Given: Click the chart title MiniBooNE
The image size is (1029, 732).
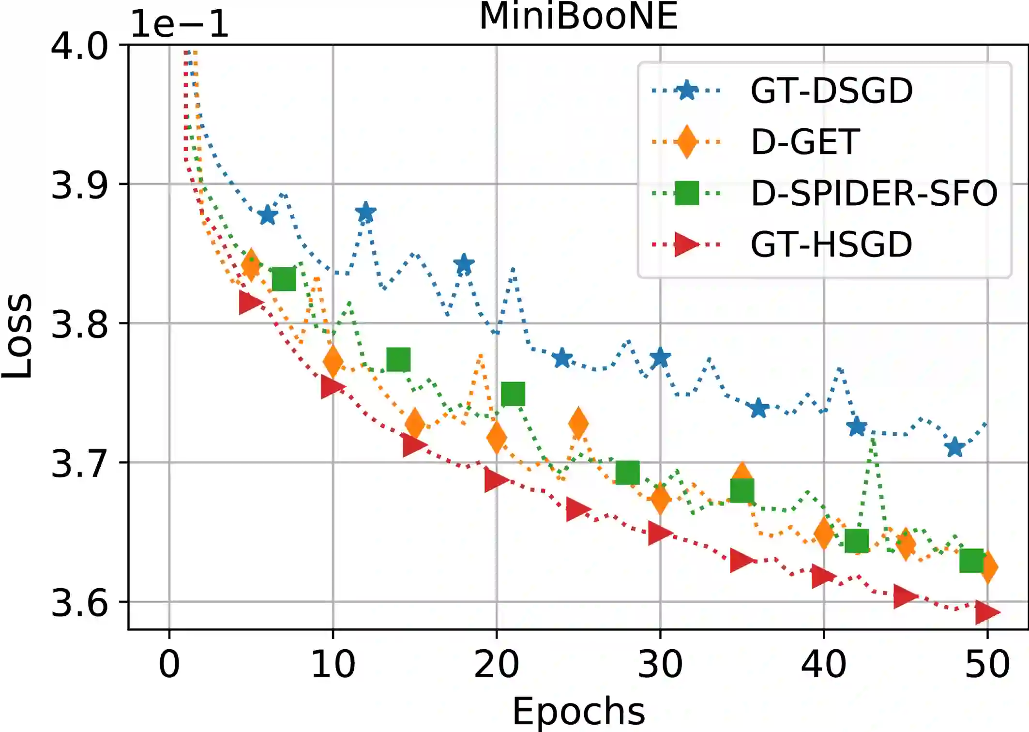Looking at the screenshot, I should (578, 16).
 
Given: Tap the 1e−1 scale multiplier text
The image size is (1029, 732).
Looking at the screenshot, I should (179, 24).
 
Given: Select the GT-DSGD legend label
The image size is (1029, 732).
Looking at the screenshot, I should (832, 91).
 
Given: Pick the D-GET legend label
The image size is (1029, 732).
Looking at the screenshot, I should (805, 142).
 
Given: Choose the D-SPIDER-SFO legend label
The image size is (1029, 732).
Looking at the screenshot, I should (874, 193).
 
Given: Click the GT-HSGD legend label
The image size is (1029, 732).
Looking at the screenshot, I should (832, 244).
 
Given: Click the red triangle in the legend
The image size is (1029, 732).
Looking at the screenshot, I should (686, 244).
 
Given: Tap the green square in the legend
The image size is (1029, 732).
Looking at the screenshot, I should (686, 193).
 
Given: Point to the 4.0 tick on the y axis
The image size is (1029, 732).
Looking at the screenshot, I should (79, 46).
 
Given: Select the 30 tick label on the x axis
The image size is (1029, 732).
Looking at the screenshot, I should (660, 664).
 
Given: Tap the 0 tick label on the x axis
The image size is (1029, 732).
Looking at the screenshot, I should (169, 664).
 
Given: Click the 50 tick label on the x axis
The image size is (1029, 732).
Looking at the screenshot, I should (987, 664).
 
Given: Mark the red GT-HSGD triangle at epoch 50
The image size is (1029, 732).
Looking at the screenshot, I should (986, 612).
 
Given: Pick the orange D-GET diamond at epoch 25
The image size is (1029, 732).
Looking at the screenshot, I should (578, 423).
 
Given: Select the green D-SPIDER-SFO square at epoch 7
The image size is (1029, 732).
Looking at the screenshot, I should (284, 279).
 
